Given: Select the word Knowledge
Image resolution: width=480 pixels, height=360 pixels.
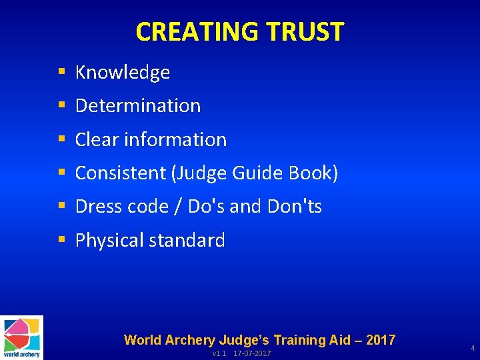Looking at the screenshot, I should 123,72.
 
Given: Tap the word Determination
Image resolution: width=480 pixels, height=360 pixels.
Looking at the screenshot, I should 138,105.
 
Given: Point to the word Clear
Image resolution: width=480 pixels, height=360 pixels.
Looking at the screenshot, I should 97,139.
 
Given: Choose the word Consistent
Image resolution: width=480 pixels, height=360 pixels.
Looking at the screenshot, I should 121,173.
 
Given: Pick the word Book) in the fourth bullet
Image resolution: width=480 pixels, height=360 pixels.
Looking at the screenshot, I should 314,173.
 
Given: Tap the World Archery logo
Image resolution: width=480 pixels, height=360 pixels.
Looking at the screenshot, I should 21,337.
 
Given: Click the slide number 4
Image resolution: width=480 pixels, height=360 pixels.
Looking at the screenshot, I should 473,348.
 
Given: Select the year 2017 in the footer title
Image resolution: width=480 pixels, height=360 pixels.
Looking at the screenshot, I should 380,340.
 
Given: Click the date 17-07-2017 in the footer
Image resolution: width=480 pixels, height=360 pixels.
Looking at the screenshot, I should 252,353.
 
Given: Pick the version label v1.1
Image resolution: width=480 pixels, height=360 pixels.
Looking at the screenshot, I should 220,353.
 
